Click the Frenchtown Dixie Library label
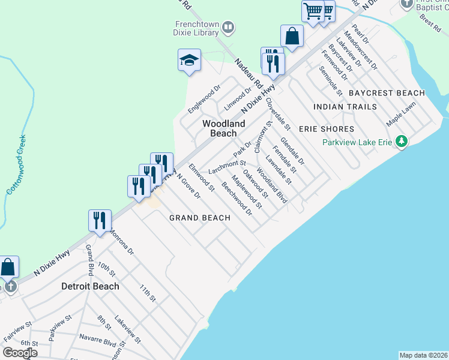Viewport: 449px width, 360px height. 196,28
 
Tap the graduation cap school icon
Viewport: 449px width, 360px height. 189,60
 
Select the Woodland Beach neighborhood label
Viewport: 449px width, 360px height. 223,128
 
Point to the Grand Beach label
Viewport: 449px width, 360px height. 199,218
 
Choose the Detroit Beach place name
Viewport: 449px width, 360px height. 90,286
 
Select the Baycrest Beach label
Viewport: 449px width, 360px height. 387,93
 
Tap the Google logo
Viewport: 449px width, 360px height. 20,352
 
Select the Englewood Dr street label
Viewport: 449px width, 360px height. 200,100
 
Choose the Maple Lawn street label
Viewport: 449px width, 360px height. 401,116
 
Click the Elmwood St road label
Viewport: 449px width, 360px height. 201,177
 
